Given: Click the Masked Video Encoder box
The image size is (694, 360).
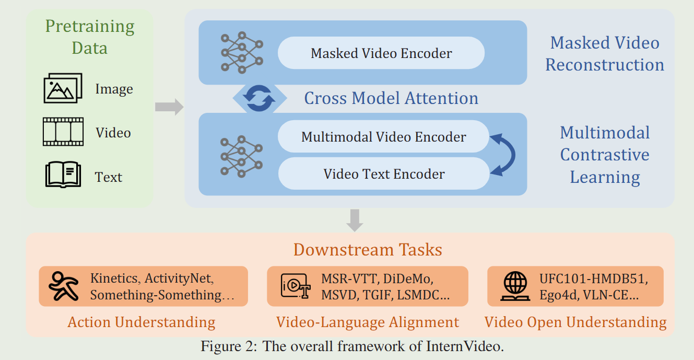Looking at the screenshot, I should click(381, 53).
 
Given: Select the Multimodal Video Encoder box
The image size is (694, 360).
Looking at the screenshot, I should click(383, 137).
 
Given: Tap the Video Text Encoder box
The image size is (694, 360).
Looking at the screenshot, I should click(383, 173).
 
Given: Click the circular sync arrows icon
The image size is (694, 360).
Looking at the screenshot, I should click(260, 98).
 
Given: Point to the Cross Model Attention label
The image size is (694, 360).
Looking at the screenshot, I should click(391, 98).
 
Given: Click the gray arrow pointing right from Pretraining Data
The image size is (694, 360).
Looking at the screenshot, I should click(169, 107).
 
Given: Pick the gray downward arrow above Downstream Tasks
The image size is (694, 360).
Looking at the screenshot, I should click(355, 220).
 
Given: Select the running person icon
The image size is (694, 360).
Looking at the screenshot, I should click(63, 286).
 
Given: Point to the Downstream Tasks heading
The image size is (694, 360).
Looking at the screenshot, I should click(368, 250).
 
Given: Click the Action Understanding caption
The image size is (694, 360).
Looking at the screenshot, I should click(141, 322).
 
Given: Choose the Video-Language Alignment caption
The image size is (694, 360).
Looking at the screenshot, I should click(368, 322).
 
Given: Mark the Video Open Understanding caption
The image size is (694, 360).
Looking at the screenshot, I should click(575, 322).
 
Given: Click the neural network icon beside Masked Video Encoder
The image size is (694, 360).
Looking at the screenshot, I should click(241, 52).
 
